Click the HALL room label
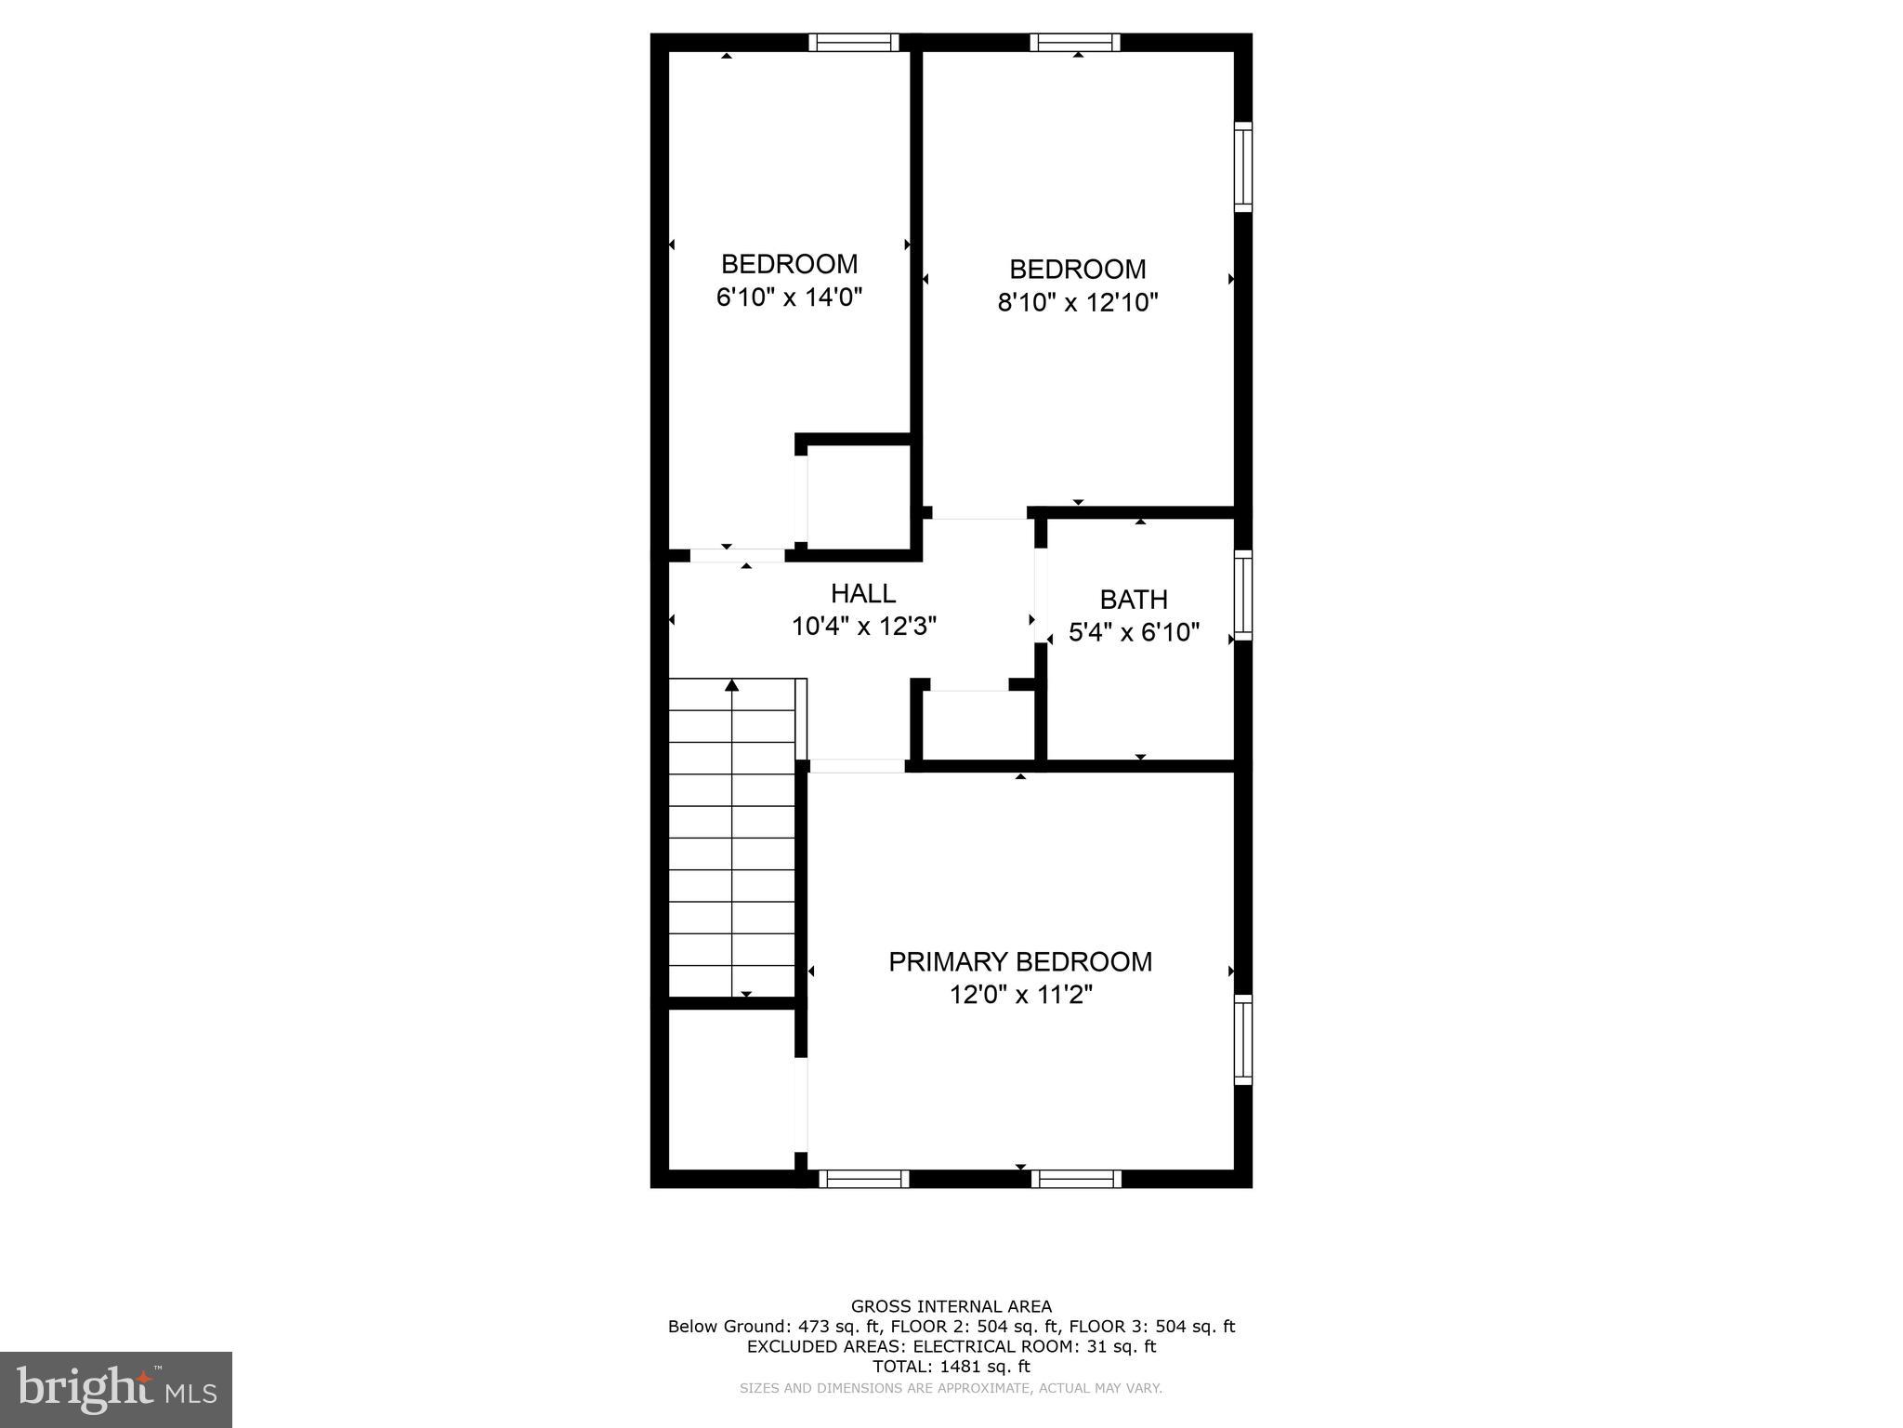[862, 593]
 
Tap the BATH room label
[1134, 600]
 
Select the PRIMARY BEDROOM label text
[1020, 962]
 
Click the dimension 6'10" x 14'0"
[789, 297]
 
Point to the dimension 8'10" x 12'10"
[1078, 303]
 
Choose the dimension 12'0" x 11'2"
[1020, 996]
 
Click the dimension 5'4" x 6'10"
[1134, 633]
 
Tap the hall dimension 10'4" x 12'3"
[863, 627]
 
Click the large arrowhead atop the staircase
[732, 685]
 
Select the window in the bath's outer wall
[1242, 595]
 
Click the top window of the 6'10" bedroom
[853, 42]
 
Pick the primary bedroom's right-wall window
[1242, 1039]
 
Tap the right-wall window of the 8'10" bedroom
[1242, 166]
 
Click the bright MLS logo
[116, 1390]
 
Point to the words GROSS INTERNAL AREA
[951, 1306]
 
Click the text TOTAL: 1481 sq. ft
[951, 1367]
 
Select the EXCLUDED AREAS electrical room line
[951, 1346]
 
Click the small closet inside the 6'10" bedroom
[858, 497]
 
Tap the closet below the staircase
[731, 1088]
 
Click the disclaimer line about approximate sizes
[951, 1388]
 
